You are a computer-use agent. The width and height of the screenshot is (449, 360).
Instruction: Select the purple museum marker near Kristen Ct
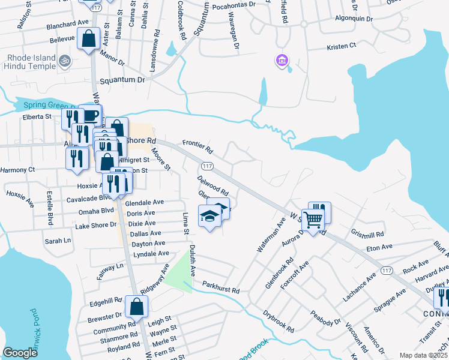click(282, 60)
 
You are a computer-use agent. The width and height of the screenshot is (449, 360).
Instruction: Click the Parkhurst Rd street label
click(221, 287)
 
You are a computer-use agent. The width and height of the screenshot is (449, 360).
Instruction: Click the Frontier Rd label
click(198, 145)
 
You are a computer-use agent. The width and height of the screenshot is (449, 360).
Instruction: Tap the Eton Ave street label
click(379, 246)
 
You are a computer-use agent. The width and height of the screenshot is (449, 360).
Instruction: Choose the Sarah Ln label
click(58, 241)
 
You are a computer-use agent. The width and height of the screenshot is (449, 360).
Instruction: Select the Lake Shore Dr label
click(95, 226)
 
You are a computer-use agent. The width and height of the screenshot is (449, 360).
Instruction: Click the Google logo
click(20, 353)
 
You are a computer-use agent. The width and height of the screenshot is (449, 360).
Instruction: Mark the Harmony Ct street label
click(17, 170)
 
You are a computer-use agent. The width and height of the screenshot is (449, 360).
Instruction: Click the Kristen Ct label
click(341, 46)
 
